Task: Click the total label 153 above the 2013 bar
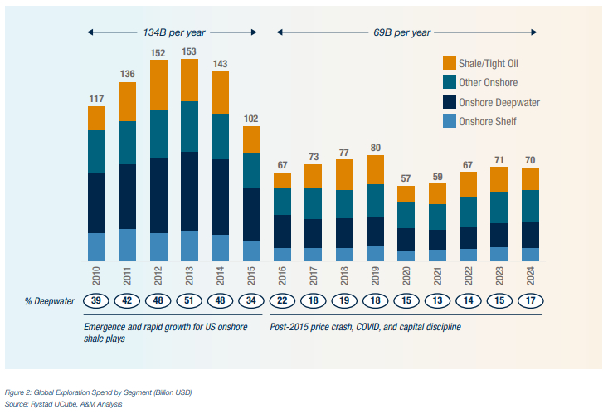pyautogui.click(x=189, y=51)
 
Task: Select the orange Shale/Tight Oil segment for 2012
pyautogui.click(x=158, y=85)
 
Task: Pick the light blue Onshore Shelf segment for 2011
pyautogui.click(x=127, y=245)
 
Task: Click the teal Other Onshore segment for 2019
pyautogui.click(x=376, y=200)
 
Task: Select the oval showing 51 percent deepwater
pyautogui.click(x=190, y=300)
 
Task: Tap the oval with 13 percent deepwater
pyautogui.click(x=438, y=300)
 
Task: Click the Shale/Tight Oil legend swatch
pyautogui.click(x=450, y=62)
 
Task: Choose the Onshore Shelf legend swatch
pyautogui.click(x=450, y=122)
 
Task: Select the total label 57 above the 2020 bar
pyautogui.click(x=406, y=178)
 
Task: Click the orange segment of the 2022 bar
pyautogui.click(x=469, y=183)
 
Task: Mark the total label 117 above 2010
pyautogui.click(x=96, y=99)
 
